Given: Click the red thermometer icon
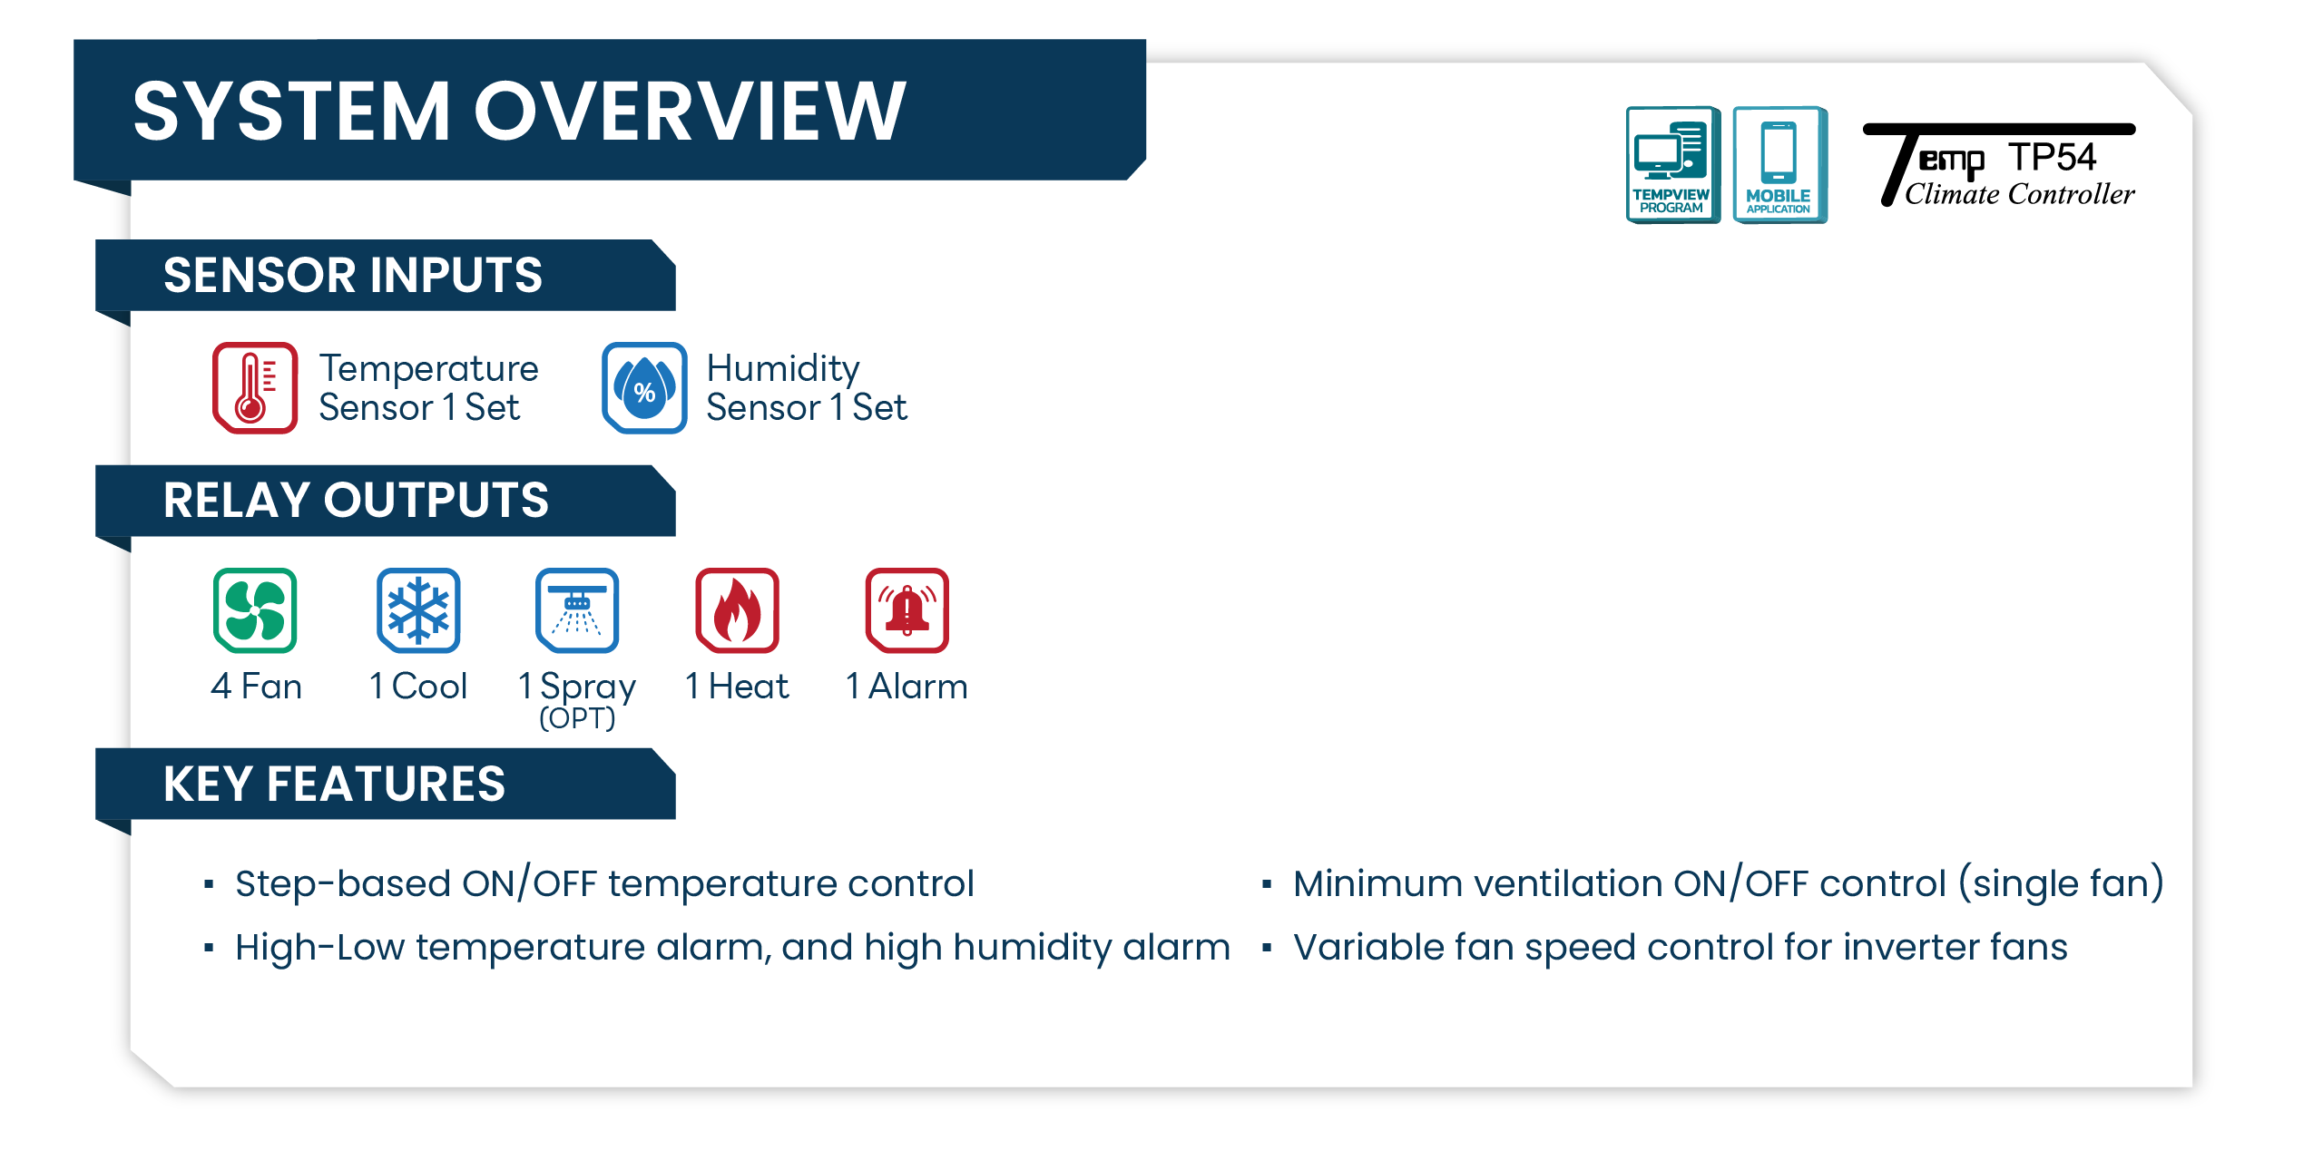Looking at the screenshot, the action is point(255,387).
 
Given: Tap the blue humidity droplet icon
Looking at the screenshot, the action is point(644,387).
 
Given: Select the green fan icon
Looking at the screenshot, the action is point(255,610).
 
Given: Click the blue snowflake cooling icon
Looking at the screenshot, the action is point(418,610).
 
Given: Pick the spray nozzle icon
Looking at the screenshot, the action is point(577,610).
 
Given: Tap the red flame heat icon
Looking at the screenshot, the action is point(737,610).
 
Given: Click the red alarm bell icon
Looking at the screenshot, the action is point(907,610).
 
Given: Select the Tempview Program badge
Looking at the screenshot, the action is point(1672,164).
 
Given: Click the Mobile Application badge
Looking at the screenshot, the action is point(1779,164).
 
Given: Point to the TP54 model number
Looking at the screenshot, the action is point(2052,157).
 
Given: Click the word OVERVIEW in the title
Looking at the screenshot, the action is point(690,111).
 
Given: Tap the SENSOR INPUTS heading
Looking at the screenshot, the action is point(353,275).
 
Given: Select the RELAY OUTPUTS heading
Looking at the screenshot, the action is point(356,500).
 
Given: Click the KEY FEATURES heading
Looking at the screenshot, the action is point(334,784).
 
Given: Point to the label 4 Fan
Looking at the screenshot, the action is point(256,687).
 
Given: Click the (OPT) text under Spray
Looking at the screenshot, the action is point(577,718).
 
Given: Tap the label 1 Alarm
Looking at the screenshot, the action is point(907,687).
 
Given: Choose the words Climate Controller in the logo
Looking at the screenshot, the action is point(2019,193).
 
